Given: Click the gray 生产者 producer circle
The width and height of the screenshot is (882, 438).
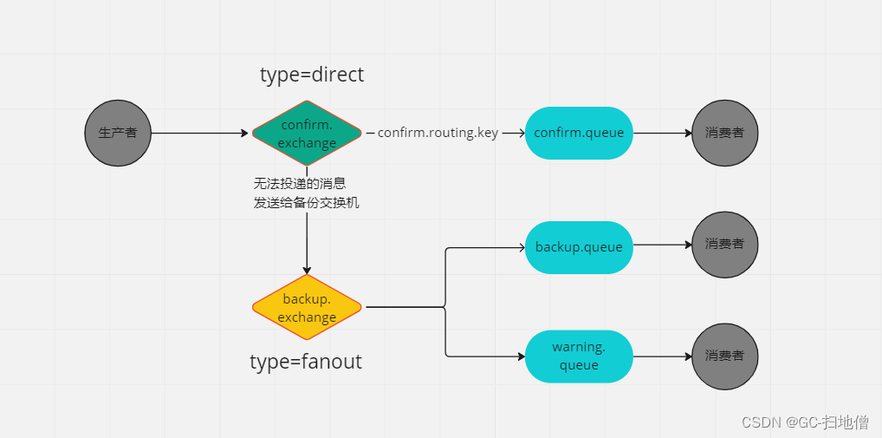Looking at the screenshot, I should tap(118, 134).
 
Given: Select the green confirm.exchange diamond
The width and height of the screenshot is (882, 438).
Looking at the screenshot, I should tap(307, 134).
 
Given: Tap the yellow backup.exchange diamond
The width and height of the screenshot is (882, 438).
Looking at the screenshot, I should tap(307, 307).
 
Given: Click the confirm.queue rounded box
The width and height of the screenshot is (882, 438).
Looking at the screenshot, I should tap(579, 133).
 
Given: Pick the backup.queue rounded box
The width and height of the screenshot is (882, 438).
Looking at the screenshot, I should tap(579, 247).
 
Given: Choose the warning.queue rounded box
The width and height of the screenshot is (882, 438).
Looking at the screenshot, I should tap(579, 356).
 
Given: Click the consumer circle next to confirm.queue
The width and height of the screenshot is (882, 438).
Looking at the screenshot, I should tap(725, 134).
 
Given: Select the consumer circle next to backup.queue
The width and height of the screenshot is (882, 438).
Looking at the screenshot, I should tap(725, 245).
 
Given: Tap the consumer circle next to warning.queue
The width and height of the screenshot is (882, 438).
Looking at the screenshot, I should tap(725, 356).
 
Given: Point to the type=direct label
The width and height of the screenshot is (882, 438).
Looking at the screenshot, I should tap(312, 75).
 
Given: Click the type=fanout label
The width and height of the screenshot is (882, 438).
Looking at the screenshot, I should tap(306, 362).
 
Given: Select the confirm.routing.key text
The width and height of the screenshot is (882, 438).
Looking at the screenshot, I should tap(438, 133).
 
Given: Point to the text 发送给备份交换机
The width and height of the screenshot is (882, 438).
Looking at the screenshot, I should tap(306, 203).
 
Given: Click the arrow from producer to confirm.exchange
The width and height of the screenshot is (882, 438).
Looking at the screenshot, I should tap(199, 134).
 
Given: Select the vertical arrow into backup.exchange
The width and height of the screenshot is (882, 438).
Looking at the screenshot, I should tap(307, 243).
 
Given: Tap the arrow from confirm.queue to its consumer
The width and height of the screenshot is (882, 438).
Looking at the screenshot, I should tap(662, 134).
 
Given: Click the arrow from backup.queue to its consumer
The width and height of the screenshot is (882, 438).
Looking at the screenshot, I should tap(662, 245).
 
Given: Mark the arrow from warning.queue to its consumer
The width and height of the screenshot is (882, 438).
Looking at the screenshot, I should tap(662, 356).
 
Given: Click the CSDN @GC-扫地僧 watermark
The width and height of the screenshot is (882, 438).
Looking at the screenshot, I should tap(805, 422).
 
